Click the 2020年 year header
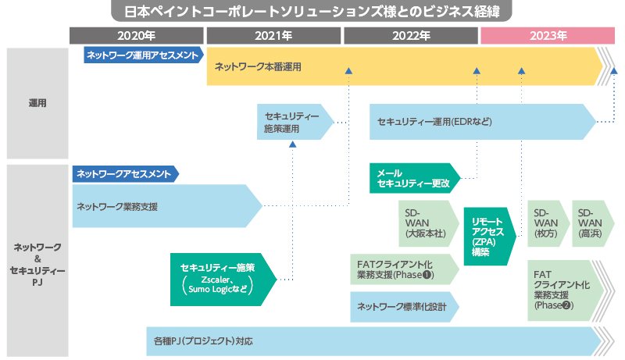137,35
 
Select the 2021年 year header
273,35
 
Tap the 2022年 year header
411,35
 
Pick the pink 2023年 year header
548,35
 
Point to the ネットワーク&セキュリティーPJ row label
37,258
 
